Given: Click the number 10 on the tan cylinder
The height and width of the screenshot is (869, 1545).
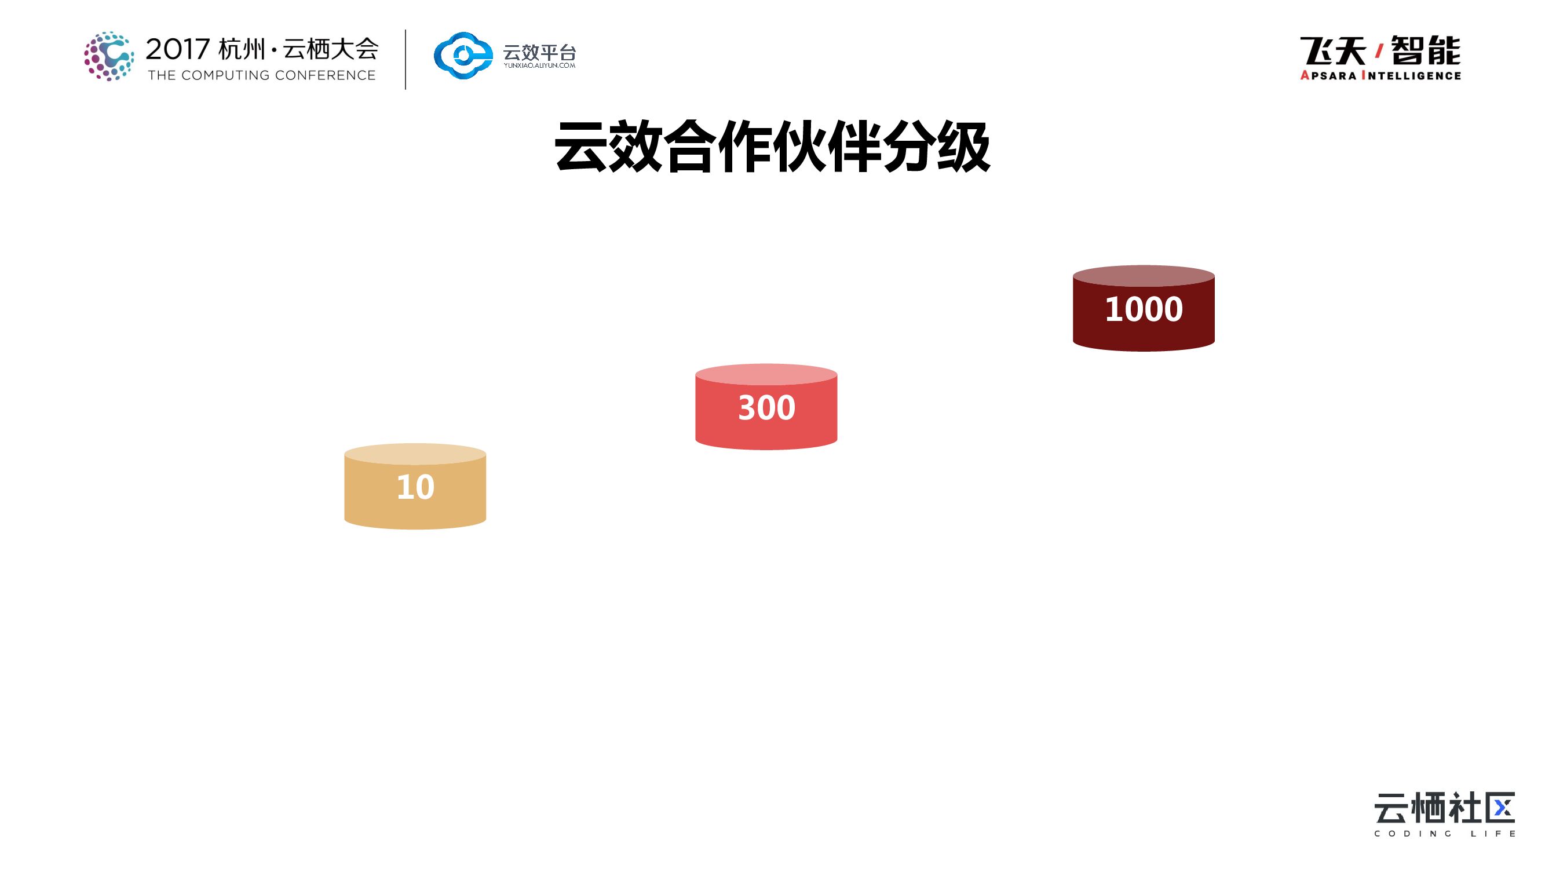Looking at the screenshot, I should (x=415, y=487).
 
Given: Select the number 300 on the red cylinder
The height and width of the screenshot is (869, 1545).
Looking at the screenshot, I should (x=766, y=408).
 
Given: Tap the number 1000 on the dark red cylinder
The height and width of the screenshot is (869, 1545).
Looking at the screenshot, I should (x=1143, y=309).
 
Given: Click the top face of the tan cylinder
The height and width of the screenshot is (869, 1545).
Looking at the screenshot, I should (x=415, y=454).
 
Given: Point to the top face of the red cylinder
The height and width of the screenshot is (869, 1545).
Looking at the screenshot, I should (x=766, y=374).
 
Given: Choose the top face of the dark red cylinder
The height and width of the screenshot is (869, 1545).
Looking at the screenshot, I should (x=1143, y=275).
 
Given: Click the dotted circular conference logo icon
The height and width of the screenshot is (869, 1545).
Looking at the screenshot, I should (x=108, y=56).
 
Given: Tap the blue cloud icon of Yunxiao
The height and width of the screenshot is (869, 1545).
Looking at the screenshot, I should (x=462, y=56).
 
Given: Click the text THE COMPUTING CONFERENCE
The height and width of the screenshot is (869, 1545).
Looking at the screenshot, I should (x=261, y=75).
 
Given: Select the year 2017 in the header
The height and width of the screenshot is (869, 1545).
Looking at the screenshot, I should (x=177, y=49).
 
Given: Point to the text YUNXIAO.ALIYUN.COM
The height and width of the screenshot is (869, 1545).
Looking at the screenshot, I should (x=539, y=65).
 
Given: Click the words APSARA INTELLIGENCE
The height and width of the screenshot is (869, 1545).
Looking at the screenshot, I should (x=1380, y=75).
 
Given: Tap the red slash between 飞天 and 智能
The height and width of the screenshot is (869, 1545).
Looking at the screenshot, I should (x=1379, y=52).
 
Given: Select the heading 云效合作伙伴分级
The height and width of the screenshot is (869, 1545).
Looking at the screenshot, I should (x=772, y=147).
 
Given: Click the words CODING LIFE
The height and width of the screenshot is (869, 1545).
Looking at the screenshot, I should (x=1445, y=834).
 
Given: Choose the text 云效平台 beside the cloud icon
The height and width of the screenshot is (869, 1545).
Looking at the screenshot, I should (x=539, y=52).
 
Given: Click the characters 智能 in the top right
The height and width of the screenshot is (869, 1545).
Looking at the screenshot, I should (x=1426, y=50).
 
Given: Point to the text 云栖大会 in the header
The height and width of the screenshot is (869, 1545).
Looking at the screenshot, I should (x=330, y=49).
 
